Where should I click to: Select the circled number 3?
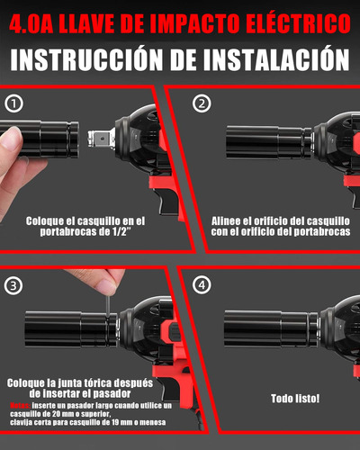[x=13, y=285]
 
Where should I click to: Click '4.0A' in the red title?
[x=32, y=20]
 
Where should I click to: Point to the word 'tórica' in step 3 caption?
[x=96, y=382]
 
